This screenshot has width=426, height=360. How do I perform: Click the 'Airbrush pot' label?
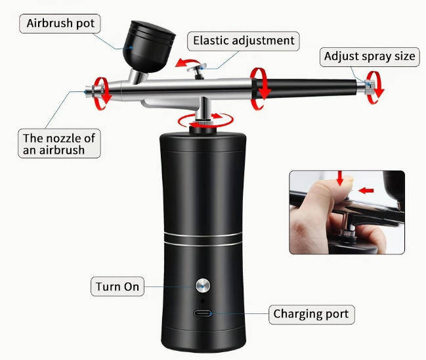click(x=60, y=24)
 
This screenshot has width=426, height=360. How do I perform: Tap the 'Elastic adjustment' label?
click(x=244, y=41)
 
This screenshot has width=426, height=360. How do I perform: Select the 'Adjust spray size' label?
click(x=370, y=56)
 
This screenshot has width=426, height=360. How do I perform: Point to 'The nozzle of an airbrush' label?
click(x=59, y=144)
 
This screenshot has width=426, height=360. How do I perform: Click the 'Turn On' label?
click(x=117, y=287)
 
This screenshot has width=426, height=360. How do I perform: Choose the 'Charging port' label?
click(x=311, y=314)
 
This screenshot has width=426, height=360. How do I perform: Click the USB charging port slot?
click(x=204, y=313)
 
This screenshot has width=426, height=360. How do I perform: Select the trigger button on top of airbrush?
click(x=196, y=67)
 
